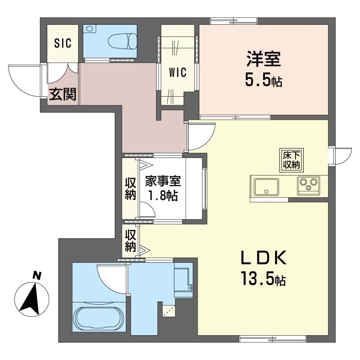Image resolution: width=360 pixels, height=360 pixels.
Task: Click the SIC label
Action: pos(63,44)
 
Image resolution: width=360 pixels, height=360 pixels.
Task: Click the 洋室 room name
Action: pos(263,60)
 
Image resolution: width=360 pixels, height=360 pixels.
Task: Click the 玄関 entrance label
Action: pos(63,94)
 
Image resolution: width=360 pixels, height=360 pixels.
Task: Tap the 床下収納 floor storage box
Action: pos(291,160)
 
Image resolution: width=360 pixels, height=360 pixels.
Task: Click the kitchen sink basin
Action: pos(266,186)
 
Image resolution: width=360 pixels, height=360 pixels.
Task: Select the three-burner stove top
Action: pos(308,185)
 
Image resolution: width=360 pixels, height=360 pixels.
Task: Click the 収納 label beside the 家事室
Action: pos(130,189)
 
